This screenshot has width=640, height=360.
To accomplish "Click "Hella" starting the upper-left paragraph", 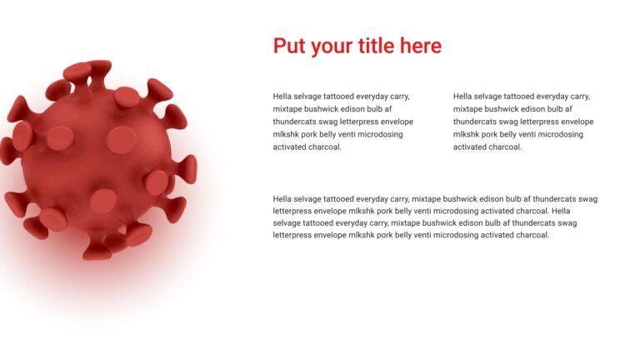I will click(283, 97).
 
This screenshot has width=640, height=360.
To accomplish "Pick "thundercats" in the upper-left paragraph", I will click(295, 122).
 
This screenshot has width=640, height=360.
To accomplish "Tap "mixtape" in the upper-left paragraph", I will click(288, 109).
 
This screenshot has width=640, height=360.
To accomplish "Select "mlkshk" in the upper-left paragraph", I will click(287, 134).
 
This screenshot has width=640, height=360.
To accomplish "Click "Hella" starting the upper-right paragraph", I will click(463, 97).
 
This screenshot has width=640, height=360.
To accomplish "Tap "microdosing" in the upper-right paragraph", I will click(561, 134).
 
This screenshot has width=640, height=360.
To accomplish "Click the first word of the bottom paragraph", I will click(283, 199).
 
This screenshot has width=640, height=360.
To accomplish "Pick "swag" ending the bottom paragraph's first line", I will click(587, 199).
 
